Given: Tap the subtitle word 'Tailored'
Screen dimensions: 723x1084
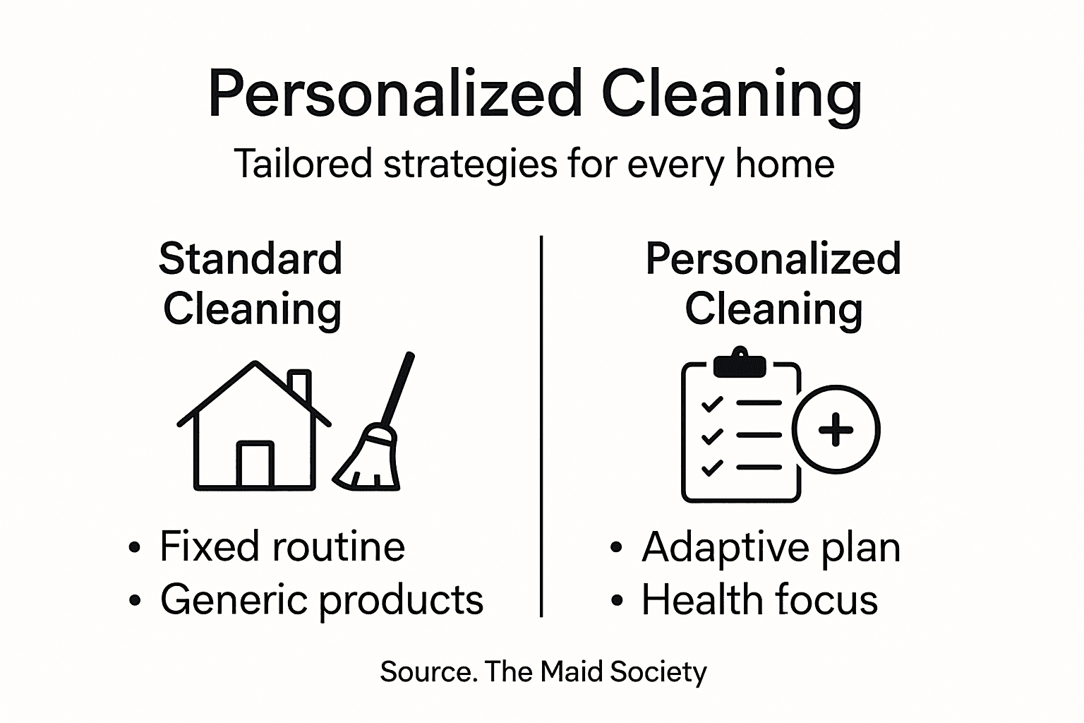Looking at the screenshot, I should [303, 165].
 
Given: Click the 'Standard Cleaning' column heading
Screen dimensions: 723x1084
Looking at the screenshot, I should [251, 284].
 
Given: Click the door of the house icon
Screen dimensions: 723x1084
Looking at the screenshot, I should [255, 465].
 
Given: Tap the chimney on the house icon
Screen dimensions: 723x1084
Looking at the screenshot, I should [300, 385].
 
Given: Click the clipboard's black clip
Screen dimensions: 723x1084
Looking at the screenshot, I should [740, 364].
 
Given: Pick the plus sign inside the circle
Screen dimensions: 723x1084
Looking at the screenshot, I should [836, 430].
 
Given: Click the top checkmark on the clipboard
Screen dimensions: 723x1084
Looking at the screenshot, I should [712, 405].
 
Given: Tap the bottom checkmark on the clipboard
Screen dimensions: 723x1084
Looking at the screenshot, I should [712, 467].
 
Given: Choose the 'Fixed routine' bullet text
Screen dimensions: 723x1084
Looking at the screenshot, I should [282, 546].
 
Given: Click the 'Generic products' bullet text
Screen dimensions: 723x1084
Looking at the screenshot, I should [322, 600].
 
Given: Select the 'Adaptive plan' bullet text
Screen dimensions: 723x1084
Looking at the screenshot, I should [771, 547].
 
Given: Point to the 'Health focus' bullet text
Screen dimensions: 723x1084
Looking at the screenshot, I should [759, 600].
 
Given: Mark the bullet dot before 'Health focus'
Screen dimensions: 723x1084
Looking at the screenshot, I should [618, 601].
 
